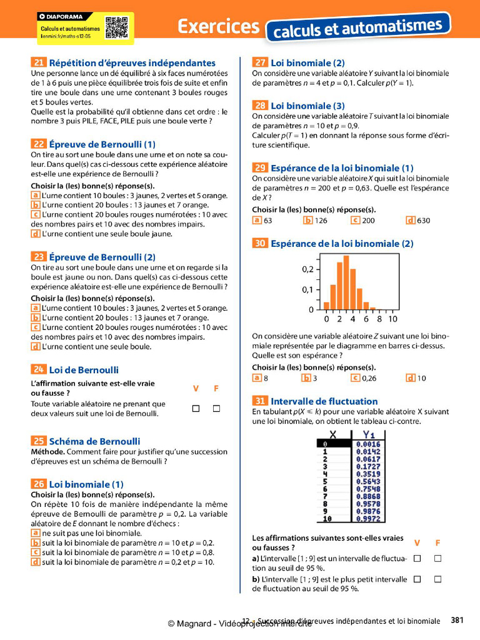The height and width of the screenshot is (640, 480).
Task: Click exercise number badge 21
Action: click(38, 62)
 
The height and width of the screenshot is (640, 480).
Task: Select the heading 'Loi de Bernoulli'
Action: click(84, 370)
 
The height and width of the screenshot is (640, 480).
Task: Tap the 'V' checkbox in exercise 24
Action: click(196, 409)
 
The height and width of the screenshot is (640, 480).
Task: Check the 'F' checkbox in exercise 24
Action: click(216, 409)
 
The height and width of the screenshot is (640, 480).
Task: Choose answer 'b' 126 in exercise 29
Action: click(307, 220)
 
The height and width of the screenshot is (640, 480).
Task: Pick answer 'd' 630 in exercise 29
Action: click(411, 220)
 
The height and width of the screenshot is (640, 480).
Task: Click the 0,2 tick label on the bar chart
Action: click(307, 269)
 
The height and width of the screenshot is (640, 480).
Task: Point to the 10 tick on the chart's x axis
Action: click(392, 319)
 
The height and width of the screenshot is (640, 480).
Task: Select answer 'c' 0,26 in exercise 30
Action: click(356, 378)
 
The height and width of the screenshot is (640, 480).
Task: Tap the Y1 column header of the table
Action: click(369, 436)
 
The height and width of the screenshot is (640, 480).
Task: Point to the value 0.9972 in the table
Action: click(368, 519)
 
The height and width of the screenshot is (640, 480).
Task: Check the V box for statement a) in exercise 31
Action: click(417, 557)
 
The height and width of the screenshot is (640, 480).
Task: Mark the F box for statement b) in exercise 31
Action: click(437, 579)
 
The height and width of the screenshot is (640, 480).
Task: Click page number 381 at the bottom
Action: click(457, 621)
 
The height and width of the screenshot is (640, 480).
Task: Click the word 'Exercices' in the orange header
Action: click(218, 26)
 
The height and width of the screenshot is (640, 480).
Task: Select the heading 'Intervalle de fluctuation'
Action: click(324, 401)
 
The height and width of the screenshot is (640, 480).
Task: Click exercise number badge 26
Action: click(38, 484)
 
